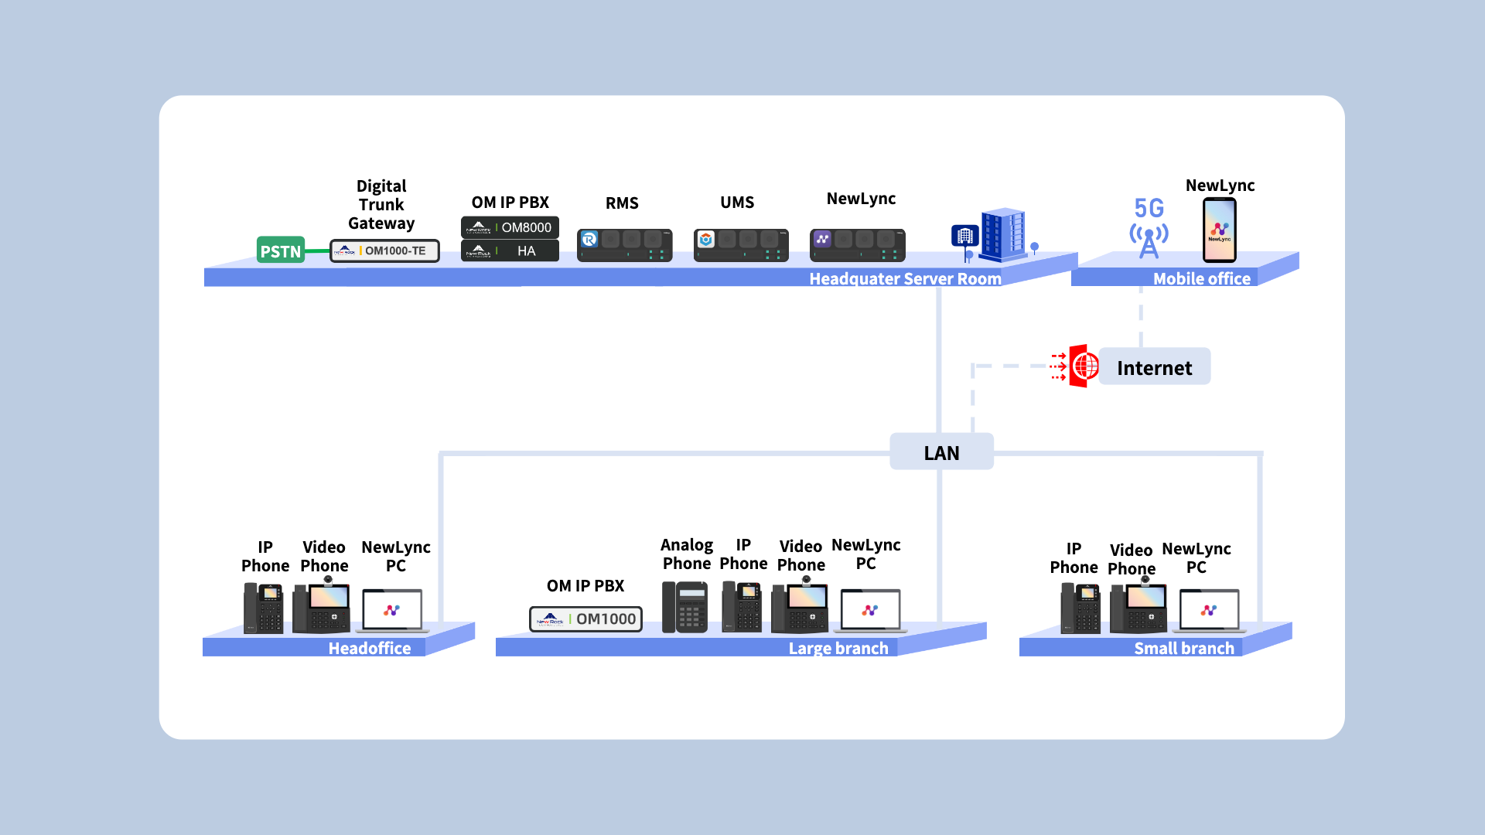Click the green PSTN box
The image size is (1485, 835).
click(280, 250)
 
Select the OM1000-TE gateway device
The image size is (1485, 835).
click(384, 250)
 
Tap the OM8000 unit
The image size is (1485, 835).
click(510, 227)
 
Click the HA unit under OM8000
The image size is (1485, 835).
click(510, 250)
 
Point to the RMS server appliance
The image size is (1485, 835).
click(624, 245)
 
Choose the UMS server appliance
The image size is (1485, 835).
click(740, 245)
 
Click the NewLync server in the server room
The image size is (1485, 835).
click(857, 245)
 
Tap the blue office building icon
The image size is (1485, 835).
click(1000, 234)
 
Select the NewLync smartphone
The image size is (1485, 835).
click(1219, 230)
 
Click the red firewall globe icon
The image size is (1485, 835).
click(1080, 366)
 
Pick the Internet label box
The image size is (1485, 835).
click(1154, 367)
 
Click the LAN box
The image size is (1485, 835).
click(941, 452)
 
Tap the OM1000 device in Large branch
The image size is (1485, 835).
click(585, 619)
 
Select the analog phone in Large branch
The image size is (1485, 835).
click(684, 607)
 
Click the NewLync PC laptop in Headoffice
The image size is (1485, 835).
click(393, 611)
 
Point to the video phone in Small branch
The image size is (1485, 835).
click(1138, 608)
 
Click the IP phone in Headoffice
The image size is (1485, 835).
click(263, 608)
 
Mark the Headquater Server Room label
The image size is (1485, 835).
click(905, 278)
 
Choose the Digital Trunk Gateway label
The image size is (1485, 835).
click(381, 204)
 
